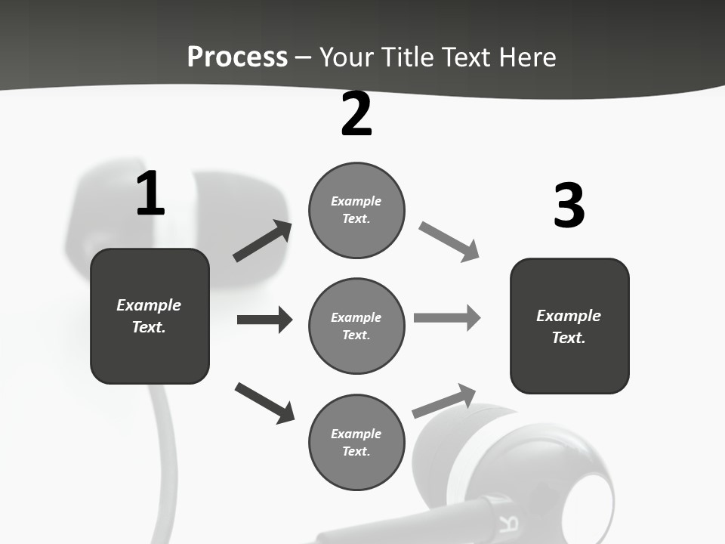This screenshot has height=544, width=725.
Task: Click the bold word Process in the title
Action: (237, 57)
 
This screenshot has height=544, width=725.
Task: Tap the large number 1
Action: (150, 194)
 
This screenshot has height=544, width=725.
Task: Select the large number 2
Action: (356, 115)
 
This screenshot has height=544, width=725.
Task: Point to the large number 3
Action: (569, 206)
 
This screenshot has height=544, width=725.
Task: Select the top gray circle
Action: (356, 210)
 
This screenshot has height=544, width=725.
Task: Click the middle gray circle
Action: (356, 326)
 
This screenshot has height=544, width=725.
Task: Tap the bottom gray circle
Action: (356, 442)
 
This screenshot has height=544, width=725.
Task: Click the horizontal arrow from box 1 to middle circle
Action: (264, 320)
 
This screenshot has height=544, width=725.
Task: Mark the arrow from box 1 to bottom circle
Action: (264, 403)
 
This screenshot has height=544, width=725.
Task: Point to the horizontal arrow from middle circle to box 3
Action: (447, 317)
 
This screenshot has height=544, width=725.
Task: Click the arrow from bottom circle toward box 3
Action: (444, 401)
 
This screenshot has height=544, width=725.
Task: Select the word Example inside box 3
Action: (569, 316)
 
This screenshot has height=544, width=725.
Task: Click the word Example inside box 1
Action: (149, 305)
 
